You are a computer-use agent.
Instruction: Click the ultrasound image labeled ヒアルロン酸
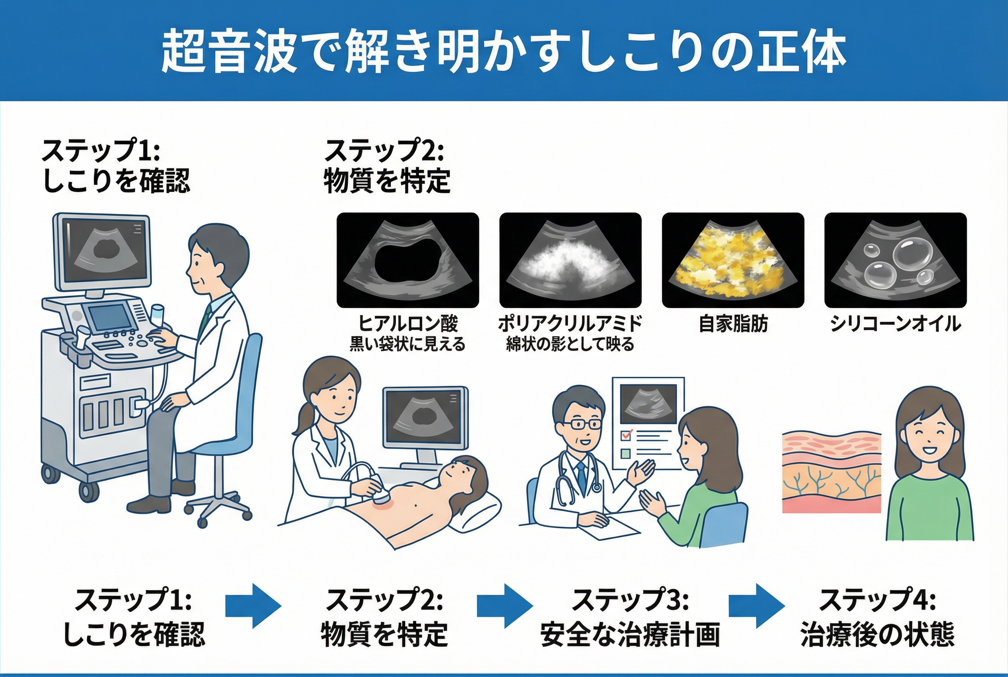pyautogui.click(x=407, y=260)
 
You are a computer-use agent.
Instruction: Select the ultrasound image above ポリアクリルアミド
pyautogui.click(x=570, y=260)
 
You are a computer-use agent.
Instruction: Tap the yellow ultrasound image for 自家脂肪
pyautogui.click(x=733, y=260)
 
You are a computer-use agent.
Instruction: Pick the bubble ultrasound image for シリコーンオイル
pyautogui.click(x=896, y=260)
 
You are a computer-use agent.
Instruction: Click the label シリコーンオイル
pyautogui.click(x=896, y=324)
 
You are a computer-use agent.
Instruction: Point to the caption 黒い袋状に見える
pyautogui.click(x=407, y=344)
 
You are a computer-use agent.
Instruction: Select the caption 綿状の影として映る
pyautogui.click(x=570, y=344)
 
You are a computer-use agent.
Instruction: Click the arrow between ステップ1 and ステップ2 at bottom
pyautogui.click(x=253, y=606)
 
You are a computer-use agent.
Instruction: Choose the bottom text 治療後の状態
pyautogui.click(x=877, y=635)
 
